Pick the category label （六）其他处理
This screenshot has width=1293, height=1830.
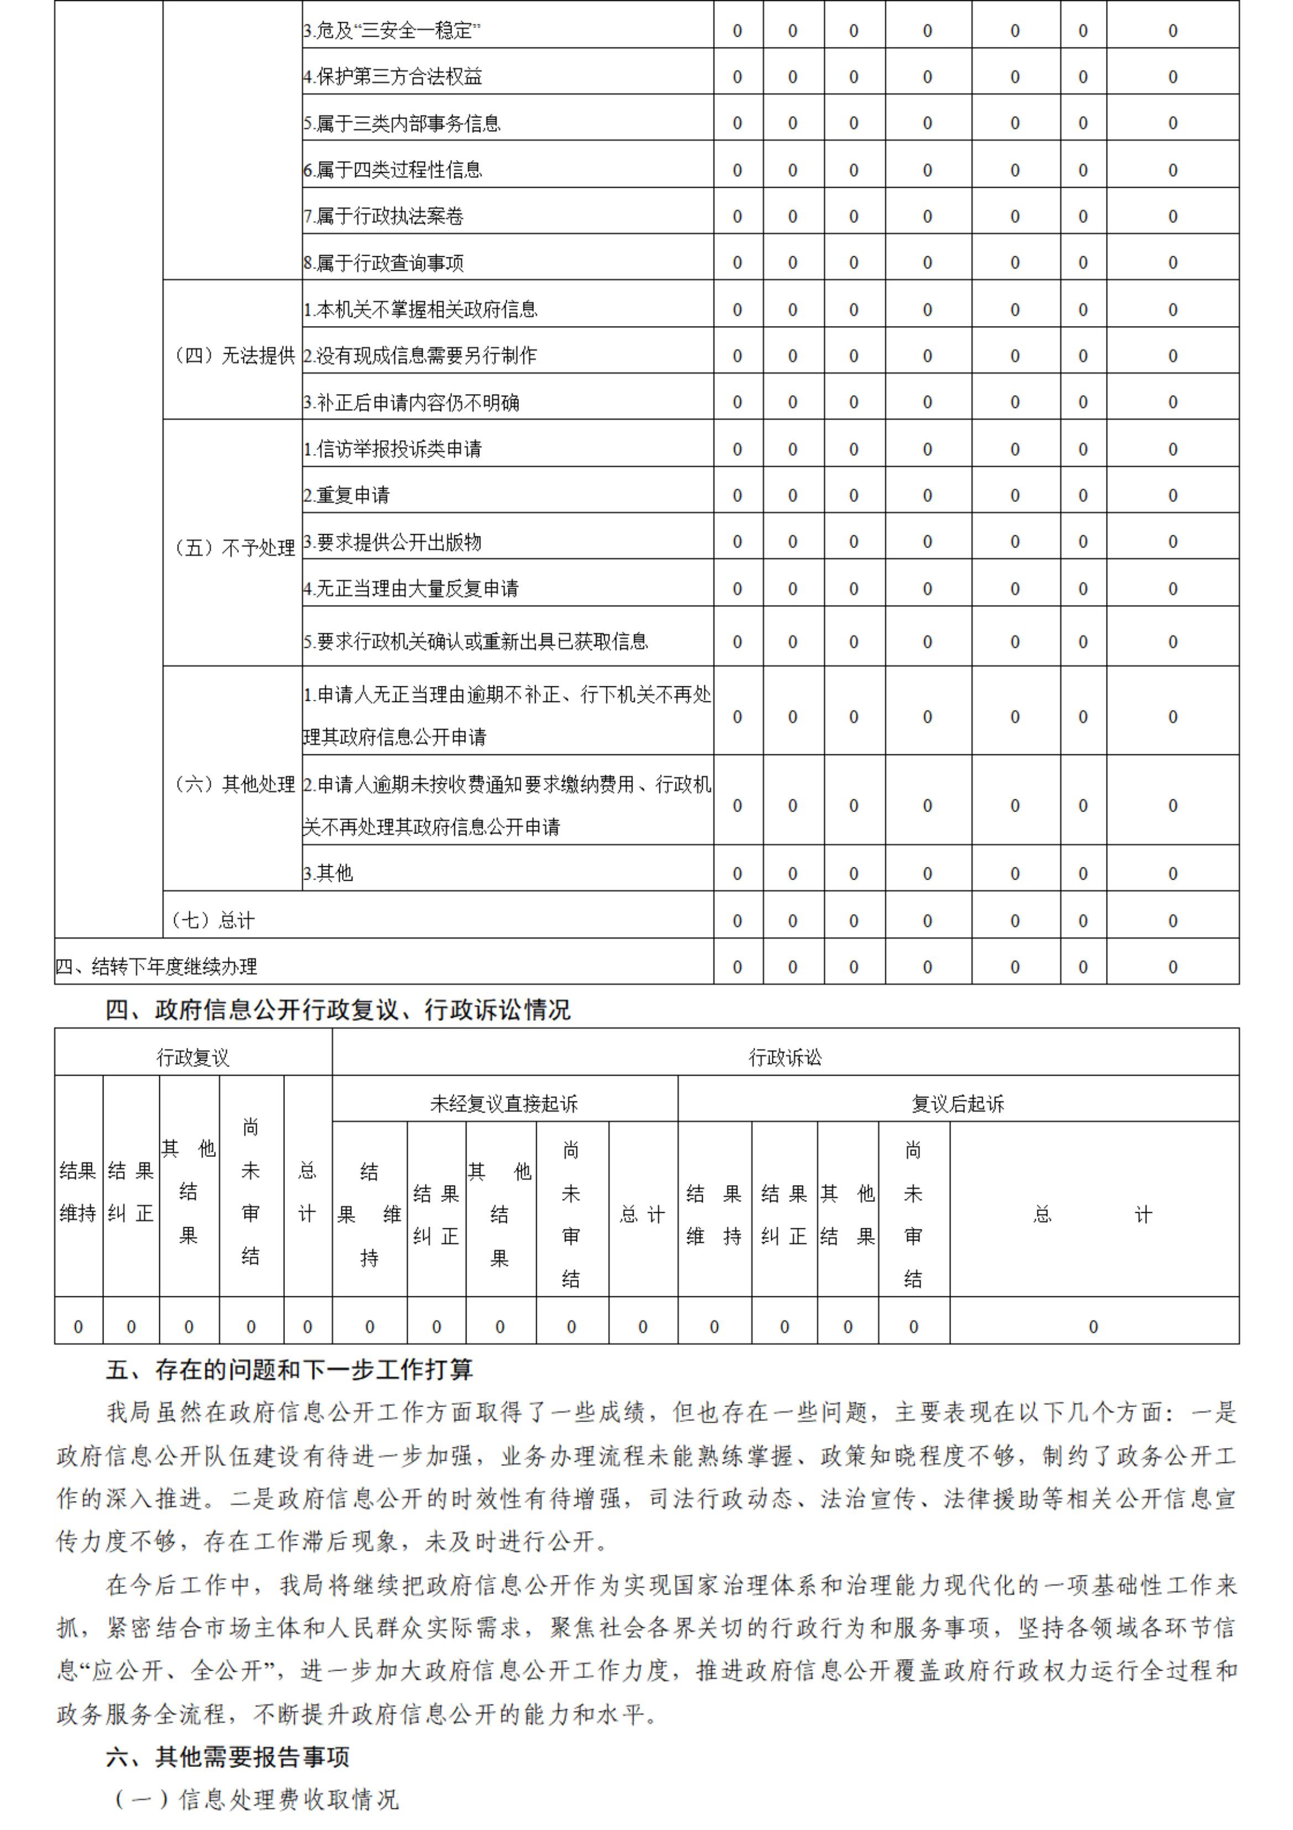click(232, 784)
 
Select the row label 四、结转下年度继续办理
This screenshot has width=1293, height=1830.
click(156, 967)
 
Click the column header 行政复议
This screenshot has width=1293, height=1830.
click(193, 1058)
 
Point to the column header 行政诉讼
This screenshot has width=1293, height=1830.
click(785, 1058)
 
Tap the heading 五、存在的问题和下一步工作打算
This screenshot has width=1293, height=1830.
click(290, 1370)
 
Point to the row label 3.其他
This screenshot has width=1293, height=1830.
click(328, 873)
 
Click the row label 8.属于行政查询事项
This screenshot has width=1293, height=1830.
click(383, 263)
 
